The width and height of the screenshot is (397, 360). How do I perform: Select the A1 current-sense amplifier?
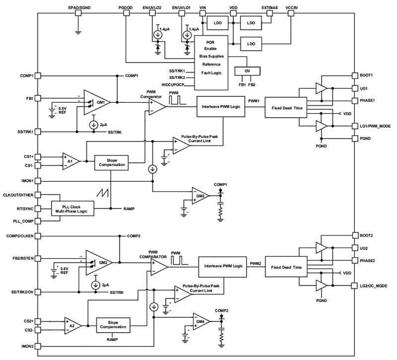[70, 161]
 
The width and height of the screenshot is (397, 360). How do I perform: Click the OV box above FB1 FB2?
[247, 71]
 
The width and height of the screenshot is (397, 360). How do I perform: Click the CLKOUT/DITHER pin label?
[18, 195]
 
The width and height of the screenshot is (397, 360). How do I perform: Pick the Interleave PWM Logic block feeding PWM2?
[223, 266]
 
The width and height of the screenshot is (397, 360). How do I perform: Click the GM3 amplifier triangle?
[199, 196]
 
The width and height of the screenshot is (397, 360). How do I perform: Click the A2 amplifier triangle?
[72, 325]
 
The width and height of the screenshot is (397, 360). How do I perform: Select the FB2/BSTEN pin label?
[22, 259]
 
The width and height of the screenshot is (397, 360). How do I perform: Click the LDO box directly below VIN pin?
[217, 23]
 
